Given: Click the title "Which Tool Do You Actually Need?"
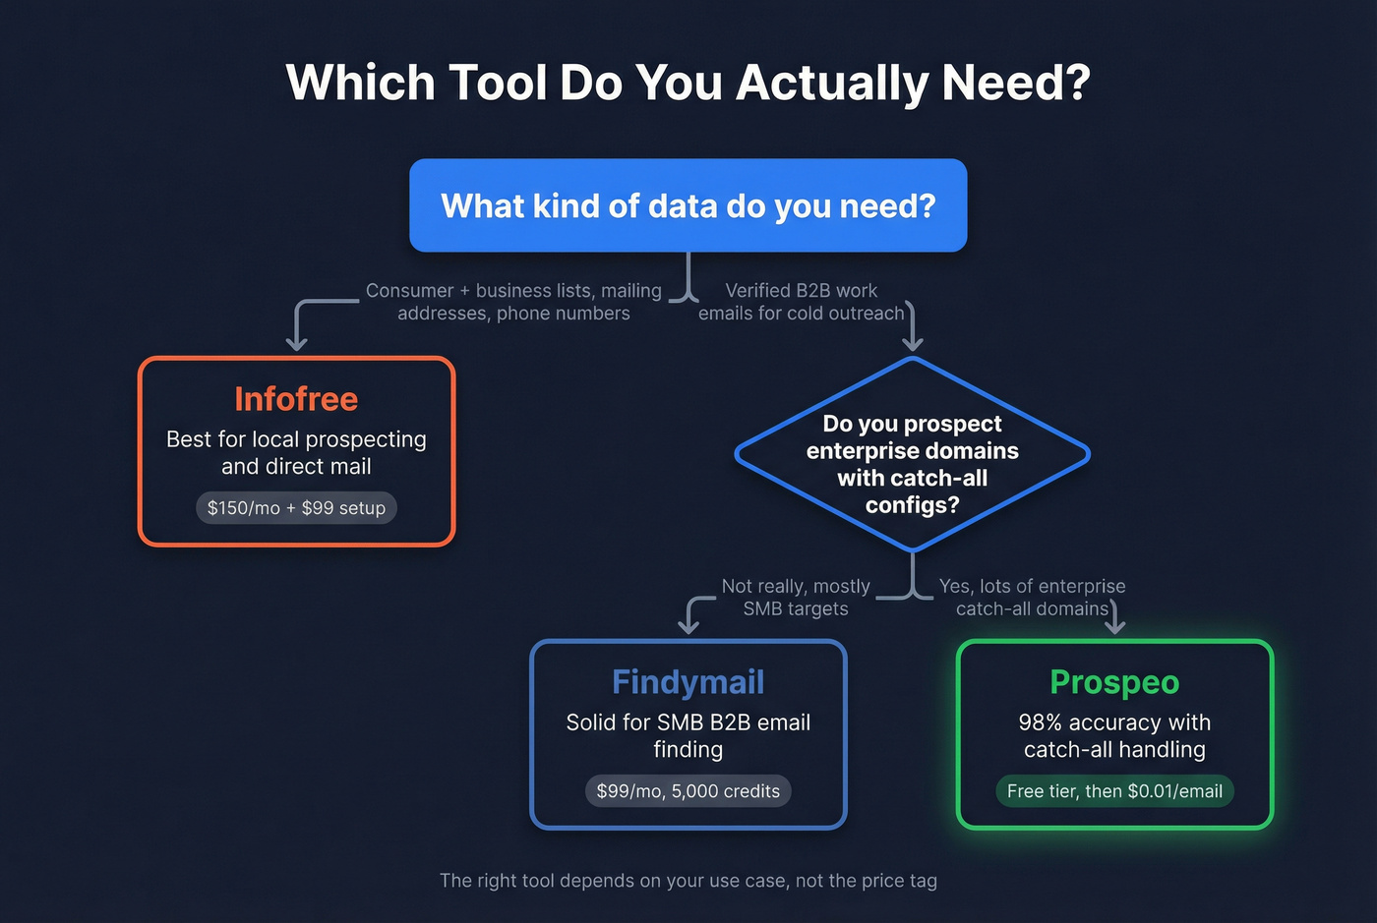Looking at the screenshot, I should pyautogui.click(x=688, y=83).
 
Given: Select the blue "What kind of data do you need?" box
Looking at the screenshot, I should pyautogui.click(x=688, y=205).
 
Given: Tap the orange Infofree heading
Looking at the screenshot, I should pyautogui.click(x=296, y=399).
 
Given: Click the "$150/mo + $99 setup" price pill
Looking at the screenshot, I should pyautogui.click(x=296, y=508).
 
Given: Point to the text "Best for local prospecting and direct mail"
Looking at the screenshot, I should pyautogui.click(x=296, y=453).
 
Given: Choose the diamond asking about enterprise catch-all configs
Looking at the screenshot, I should pyautogui.click(x=912, y=454).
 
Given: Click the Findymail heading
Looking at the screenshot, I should pyautogui.click(x=688, y=682).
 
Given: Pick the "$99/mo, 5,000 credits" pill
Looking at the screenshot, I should pyautogui.click(x=688, y=791).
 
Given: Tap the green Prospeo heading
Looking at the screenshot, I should pyautogui.click(x=1114, y=682).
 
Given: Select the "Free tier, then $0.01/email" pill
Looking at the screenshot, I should pyautogui.click(x=1114, y=791).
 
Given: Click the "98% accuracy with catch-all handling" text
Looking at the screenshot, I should pyautogui.click(x=1114, y=736).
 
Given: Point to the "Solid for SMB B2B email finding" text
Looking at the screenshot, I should pyautogui.click(x=688, y=736).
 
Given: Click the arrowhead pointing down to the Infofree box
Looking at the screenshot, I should pyautogui.click(x=296, y=343).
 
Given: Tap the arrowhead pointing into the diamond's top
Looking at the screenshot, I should pyautogui.click(x=913, y=343).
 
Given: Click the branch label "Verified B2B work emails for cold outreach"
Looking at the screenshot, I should pyautogui.click(x=801, y=302).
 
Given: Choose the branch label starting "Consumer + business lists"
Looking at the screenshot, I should pyautogui.click(x=513, y=302).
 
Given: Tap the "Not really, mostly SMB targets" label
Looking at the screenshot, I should pyautogui.click(x=796, y=598).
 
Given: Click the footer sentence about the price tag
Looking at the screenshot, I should pyautogui.click(x=688, y=881).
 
